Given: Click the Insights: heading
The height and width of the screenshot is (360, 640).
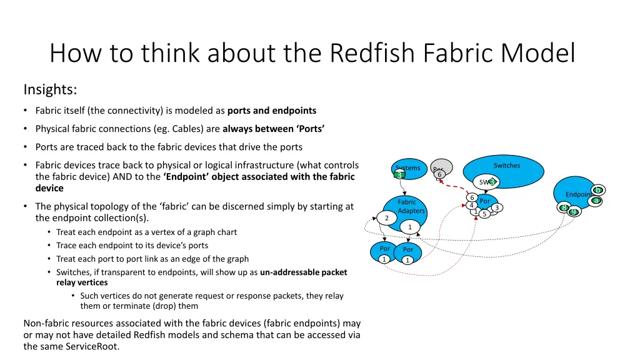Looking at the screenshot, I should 50,90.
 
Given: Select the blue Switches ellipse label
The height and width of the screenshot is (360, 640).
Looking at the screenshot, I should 506,166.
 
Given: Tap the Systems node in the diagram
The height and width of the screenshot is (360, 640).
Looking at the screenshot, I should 408,168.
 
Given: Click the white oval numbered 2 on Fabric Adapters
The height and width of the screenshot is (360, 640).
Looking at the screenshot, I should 387,218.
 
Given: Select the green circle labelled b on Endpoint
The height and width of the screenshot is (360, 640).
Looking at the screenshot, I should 598,190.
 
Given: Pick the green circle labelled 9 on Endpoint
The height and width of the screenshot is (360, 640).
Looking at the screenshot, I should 573,212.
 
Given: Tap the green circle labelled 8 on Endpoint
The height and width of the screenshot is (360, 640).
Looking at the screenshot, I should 564,207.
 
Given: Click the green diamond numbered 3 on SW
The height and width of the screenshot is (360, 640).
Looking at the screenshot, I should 492,182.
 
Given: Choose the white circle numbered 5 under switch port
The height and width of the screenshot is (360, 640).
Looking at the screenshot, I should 484,214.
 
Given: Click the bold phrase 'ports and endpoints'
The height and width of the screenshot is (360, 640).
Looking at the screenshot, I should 272,111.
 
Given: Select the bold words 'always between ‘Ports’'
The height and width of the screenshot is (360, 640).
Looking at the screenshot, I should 273,129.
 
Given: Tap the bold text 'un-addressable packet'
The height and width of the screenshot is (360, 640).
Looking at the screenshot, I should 303,272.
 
